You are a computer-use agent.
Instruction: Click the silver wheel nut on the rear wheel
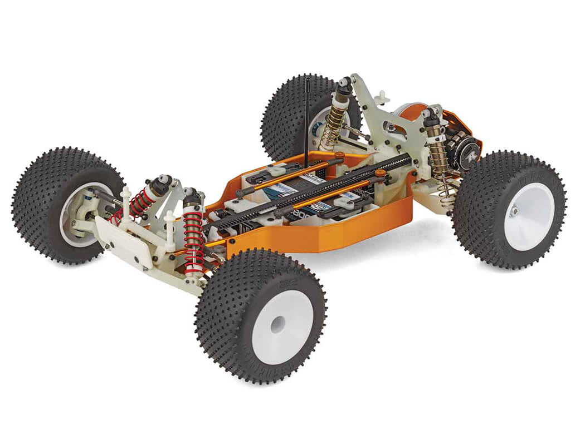(515, 210)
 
